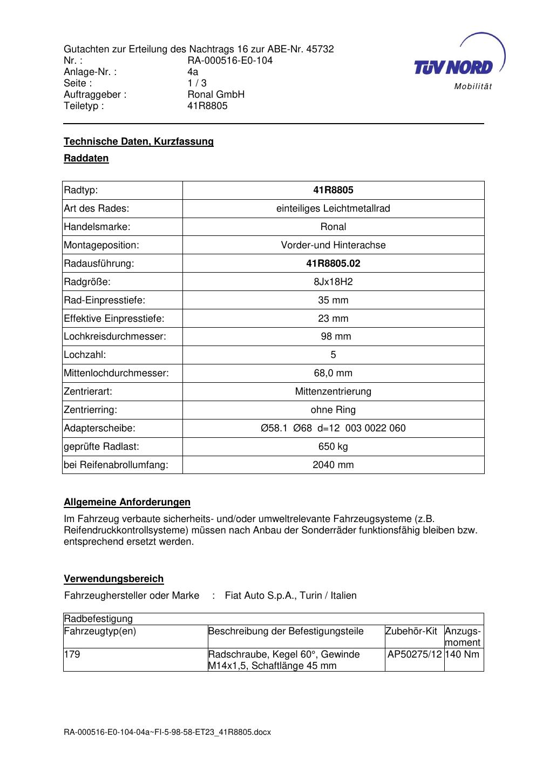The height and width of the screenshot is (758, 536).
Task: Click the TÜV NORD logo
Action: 459,64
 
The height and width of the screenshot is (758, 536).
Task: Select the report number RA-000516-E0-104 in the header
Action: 230,60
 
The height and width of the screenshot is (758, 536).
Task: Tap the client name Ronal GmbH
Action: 216,94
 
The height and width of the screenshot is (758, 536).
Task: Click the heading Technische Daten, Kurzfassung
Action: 139,141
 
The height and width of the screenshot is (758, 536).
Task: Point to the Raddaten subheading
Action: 86,158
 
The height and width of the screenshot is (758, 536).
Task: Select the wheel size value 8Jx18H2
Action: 333,282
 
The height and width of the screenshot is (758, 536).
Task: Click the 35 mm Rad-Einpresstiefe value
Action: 333,300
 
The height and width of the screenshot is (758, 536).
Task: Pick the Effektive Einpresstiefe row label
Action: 114,319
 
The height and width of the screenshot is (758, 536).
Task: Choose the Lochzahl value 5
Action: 333,355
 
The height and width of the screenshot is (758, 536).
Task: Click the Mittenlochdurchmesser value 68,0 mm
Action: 333,373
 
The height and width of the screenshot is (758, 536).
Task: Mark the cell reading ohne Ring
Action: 333,410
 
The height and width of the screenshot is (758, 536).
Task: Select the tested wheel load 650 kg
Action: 333,446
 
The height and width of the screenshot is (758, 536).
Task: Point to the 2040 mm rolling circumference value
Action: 333,465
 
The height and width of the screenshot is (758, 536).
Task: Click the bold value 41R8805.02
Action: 333,263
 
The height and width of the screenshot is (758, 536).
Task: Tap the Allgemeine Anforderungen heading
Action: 127,502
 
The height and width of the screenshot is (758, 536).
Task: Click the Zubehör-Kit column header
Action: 411,631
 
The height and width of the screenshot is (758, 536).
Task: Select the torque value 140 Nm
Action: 463,654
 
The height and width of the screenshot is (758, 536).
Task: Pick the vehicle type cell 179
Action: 72,654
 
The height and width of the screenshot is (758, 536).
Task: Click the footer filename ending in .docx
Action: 167,732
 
